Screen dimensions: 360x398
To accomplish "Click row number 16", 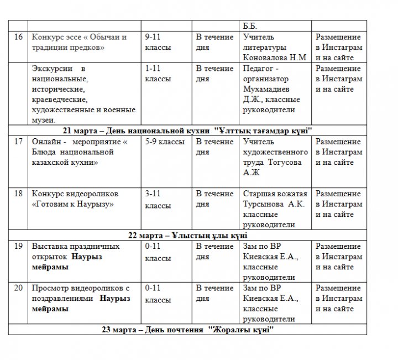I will tap(18, 37).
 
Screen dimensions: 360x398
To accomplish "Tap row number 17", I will tap(18, 142).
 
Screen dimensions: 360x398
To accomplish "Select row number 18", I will tap(18, 194).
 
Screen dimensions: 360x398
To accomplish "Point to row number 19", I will tap(18, 246).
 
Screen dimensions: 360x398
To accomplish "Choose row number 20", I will tap(18, 288).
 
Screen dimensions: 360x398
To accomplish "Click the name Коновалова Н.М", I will tap(274, 58).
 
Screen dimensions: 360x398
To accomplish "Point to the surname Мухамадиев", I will tap(268, 89).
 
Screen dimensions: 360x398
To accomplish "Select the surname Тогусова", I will tap(286, 162).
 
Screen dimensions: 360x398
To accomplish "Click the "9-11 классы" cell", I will tap(158, 42).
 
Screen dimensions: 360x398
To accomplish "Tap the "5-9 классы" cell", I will tap(165, 142).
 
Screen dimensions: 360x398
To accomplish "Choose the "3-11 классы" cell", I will tap(158, 199).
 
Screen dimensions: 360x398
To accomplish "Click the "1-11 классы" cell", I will tap(158, 74).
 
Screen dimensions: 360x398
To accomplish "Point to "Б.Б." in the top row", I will tap(250, 26).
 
